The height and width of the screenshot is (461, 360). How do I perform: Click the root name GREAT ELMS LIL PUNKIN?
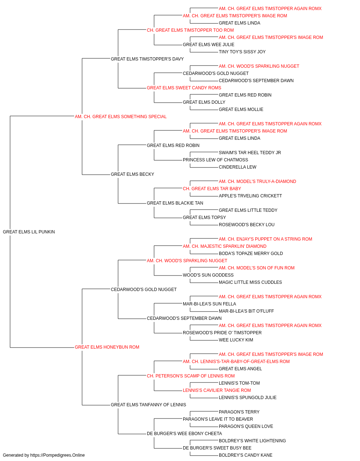29,232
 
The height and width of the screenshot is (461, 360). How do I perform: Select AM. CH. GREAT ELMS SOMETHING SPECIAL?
121,117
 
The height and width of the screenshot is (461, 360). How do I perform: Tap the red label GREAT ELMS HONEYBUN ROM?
107,347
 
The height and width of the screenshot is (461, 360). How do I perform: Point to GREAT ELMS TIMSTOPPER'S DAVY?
147,59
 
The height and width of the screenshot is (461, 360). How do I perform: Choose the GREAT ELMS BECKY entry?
132,174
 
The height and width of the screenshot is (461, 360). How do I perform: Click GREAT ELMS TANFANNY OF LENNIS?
148,404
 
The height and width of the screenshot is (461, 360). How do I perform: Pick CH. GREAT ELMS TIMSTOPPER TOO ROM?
190,30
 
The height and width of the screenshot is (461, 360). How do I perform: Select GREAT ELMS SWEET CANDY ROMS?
184,88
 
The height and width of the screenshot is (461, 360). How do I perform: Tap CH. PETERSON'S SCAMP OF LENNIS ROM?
191,376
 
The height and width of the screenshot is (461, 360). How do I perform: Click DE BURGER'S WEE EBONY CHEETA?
184,433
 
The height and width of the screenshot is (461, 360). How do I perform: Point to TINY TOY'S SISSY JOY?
242,52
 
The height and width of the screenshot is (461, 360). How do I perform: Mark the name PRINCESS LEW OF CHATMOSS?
215,160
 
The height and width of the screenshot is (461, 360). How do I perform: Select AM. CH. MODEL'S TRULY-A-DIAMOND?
257,182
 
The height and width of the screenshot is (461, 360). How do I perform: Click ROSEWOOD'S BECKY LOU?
247,225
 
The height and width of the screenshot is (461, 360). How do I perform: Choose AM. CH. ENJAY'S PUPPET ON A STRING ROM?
265,239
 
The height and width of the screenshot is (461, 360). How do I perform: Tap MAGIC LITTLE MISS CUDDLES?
251,282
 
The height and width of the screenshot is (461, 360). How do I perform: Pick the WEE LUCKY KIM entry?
236,340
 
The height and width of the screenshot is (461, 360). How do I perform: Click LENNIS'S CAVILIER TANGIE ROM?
217,390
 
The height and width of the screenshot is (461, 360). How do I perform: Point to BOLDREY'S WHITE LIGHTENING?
252,440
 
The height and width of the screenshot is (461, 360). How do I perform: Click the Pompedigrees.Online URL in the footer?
58,455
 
